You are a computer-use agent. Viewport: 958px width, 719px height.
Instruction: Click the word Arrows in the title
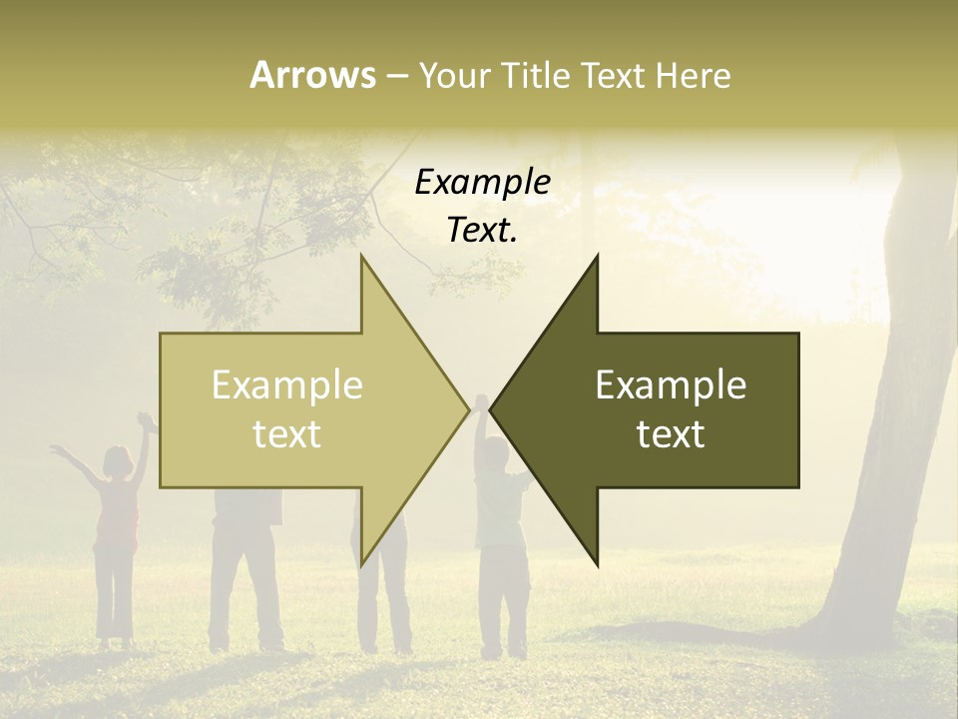(312, 75)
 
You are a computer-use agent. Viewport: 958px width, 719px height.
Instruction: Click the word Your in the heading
(455, 75)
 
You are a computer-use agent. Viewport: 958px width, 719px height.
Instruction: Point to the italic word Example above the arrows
(483, 182)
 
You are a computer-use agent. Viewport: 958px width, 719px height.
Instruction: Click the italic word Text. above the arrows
(483, 231)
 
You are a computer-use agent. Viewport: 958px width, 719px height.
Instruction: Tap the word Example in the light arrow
(287, 384)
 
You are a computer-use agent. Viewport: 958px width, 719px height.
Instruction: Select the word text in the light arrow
(287, 434)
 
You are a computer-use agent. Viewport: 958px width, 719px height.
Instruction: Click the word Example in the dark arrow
(671, 384)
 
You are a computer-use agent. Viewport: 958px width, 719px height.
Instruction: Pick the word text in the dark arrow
(671, 434)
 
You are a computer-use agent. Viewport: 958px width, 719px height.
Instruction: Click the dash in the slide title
(397, 75)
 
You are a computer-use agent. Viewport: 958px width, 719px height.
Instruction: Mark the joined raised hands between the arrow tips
(480, 402)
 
